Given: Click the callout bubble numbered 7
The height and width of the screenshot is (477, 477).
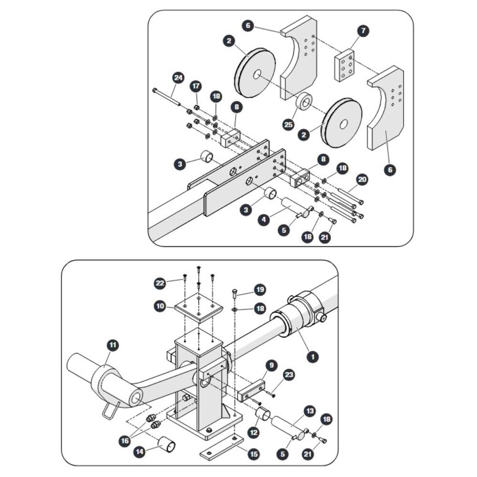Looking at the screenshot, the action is click(363, 31).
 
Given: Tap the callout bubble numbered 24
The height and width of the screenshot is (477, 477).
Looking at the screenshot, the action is click(178, 78).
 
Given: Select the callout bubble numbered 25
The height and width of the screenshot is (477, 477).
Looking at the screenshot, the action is click(289, 124).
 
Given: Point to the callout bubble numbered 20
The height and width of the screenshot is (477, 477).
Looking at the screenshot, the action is click(362, 179).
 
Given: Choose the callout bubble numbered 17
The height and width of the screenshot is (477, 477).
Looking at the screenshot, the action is click(196, 86).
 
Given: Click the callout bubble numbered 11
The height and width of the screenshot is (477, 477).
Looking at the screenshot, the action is click(113, 345).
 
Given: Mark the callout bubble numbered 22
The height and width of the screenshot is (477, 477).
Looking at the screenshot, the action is click(160, 283).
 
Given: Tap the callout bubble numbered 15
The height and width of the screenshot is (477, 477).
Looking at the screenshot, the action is click(253, 454).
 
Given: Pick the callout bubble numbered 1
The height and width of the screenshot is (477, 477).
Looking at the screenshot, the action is click(313, 356).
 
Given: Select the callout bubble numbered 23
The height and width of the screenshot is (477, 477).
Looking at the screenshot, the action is click(289, 374).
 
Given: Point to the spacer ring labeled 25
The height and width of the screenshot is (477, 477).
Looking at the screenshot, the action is click(304, 102).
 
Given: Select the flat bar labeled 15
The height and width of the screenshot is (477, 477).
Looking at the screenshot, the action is click(222, 446).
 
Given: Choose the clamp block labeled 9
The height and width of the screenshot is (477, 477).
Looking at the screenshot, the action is click(251, 391).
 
